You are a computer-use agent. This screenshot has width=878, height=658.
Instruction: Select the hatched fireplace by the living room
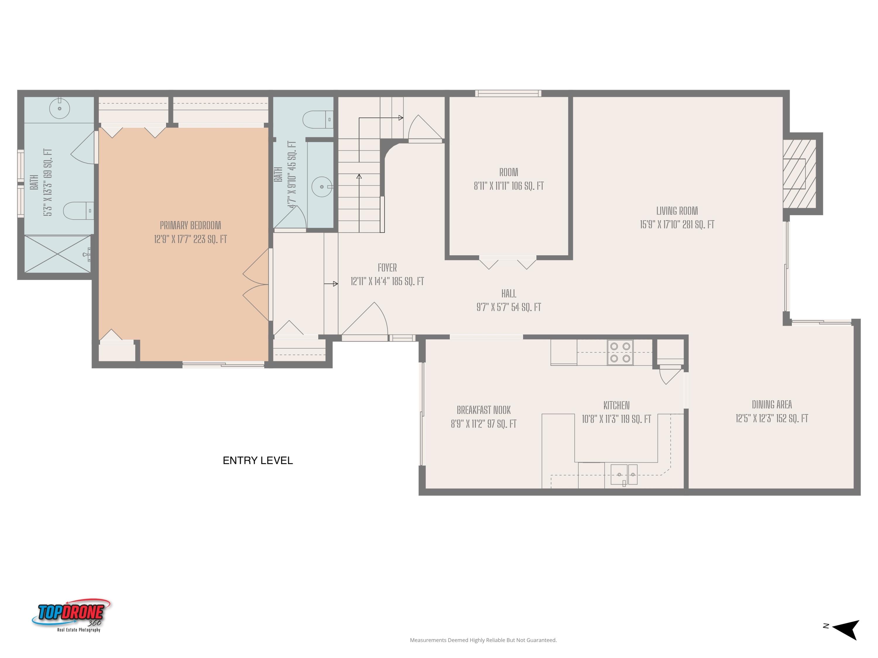799,174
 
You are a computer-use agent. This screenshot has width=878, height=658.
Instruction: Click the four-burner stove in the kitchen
620,352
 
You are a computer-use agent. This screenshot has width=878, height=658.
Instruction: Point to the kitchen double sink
624,474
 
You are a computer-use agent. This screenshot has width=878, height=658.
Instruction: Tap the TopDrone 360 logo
71,615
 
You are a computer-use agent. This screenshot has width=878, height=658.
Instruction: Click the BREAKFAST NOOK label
483,410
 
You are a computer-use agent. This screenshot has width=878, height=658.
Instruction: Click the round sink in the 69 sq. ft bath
59,108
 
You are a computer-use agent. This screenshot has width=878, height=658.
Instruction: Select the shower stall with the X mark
58,254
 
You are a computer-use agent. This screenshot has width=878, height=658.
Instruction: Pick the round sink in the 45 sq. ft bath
322,186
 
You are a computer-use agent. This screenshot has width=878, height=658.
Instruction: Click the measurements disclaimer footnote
483,640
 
